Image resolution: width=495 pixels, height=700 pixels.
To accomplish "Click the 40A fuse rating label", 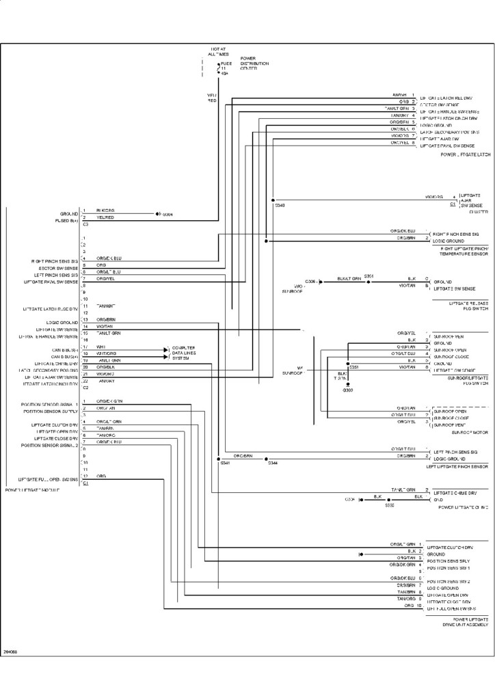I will click(x=224, y=73).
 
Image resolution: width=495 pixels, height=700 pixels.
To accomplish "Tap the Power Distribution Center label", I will click(x=254, y=64).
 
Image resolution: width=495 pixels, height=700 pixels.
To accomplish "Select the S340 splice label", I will click(x=279, y=205).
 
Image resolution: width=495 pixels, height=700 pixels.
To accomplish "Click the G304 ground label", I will click(x=167, y=215).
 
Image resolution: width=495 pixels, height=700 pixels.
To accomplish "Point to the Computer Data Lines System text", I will click(x=183, y=353).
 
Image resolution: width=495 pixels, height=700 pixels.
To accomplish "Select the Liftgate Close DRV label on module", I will click(x=55, y=438).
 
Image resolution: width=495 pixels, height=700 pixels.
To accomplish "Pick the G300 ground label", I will click(x=348, y=390).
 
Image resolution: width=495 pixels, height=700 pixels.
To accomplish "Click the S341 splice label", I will click(x=225, y=463).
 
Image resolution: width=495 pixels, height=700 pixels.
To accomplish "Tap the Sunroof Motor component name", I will click(x=470, y=433).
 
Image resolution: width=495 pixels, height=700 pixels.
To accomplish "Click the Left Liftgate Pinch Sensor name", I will click(x=457, y=466).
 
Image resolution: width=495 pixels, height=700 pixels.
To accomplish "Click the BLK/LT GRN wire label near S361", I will click(x=349, y=280).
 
